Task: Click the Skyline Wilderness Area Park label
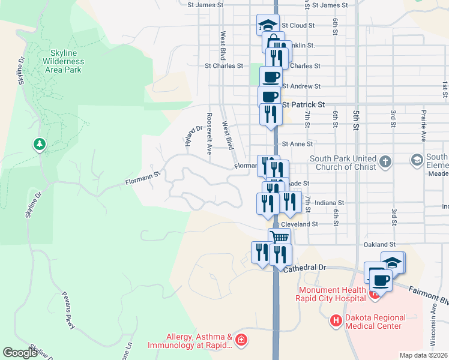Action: pyautogui.click(x=63, y=61)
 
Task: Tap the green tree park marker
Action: pyautogui.click(x=40, y=144)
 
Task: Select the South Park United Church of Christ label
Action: pyautogui.click(x=342, y=163)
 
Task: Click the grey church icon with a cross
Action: pyautogui.click(x=385, y=161)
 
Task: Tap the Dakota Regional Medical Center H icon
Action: pyautogui.click(x=336, y=322)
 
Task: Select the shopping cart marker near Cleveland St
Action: pyautogui.click(x=279, y=236)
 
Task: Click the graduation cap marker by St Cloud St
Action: pyautogui.click(x=267, y=25)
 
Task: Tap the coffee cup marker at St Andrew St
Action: pyautogui.click(x=271, y=76)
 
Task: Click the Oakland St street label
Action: pyautogui.click(x=379, y=245)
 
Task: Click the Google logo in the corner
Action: pyautogui.click(x=20, y=353)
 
